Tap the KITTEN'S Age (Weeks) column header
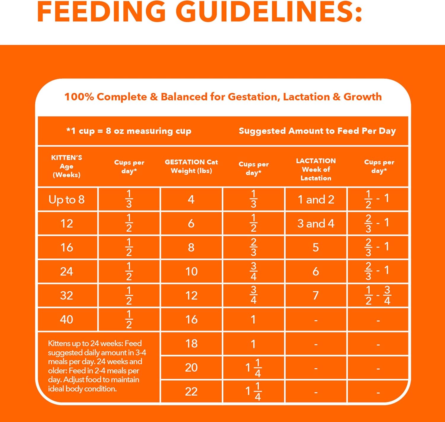coord(66,166)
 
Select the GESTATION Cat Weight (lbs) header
coord(191,166)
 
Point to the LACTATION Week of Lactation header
coord(316,169)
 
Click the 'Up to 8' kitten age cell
coord(67,200)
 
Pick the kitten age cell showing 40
coord(66,319)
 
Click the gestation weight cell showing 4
coord(191,199)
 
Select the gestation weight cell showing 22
coord(191,391)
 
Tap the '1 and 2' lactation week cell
coord(316,200)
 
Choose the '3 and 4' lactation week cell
coord(316,224)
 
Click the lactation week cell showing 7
coord(316,295)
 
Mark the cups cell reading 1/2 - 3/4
coord(378,295)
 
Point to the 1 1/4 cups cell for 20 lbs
coord(253,368)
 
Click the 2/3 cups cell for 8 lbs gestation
coord(253,247)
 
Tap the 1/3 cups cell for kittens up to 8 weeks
coord(129,199)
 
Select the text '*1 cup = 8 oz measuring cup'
coord(129,131)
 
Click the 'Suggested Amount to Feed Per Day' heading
coord(317,131)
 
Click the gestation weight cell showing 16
coord(191,319)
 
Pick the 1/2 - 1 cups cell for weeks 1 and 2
coord(377,199)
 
